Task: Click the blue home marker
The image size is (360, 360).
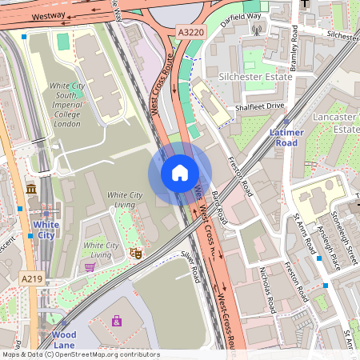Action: pos(180,173)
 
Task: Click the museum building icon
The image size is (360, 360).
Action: pos(31,189)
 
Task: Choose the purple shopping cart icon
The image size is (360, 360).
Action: pos(89,266)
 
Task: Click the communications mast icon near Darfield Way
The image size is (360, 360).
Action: pos(257,30)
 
